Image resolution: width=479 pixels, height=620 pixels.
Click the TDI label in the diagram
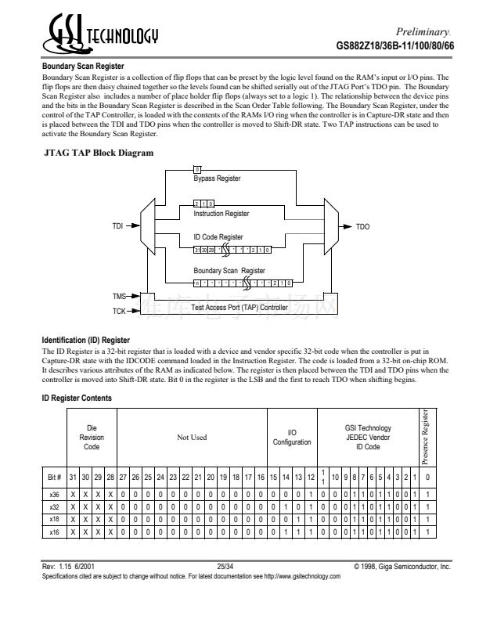117,226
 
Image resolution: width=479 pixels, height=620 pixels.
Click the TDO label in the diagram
362,226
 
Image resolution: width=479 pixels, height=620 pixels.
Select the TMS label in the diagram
119,297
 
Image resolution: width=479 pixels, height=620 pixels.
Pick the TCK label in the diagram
119,311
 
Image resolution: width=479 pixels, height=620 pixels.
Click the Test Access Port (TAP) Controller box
239,308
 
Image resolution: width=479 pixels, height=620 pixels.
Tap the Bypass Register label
217,179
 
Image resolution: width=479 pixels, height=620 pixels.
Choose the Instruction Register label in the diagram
221,213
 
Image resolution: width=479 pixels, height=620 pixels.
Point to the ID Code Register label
218,236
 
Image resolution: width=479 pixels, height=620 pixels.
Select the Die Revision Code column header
92,437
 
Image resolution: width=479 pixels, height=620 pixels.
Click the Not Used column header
192,437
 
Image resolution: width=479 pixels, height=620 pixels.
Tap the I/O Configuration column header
291,437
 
